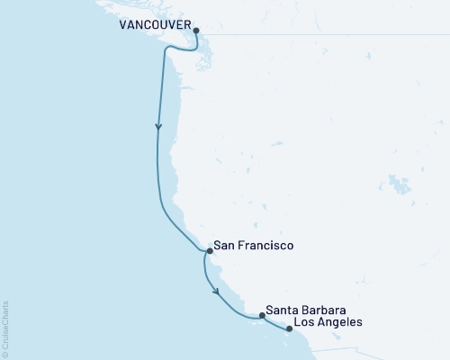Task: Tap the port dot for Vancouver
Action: tap(196, 29)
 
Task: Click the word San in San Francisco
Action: tap(226, 244)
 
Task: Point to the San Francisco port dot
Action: tap(208, 252)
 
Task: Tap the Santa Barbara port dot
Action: tap(262, 315)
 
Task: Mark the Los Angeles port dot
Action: tap(289, 328)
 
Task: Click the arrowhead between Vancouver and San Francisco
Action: tap(159, 127)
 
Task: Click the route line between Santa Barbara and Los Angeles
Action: tap(276, 321)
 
